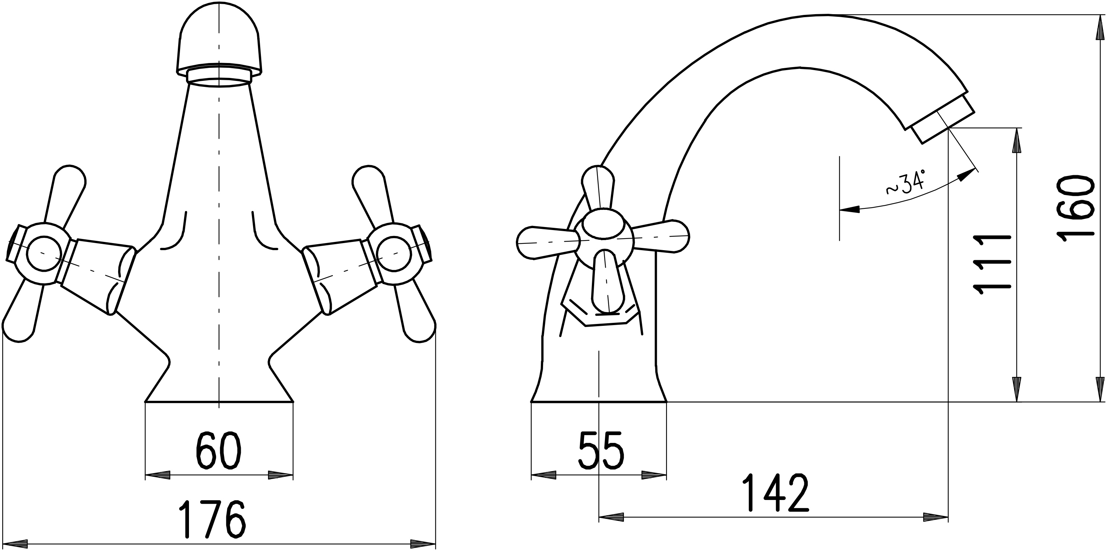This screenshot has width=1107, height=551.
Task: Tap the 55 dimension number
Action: point(601,450)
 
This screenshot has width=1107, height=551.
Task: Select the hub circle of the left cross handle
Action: point(42,254)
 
